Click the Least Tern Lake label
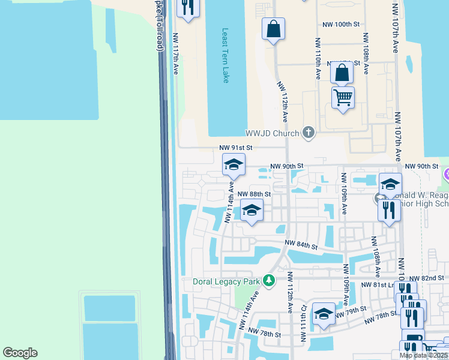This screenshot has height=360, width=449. [x=225, y=56]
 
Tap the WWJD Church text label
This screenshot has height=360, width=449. [x=272, y=133]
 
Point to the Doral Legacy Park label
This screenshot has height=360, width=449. [x=228, y=281]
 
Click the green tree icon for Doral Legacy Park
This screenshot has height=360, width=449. [x=270, y=280]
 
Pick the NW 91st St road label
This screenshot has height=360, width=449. [x=236, y=147]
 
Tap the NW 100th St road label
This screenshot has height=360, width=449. [x=340, y=25]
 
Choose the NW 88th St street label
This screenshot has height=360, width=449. [x=254, y=194]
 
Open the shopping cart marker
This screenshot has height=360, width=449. [x=343, y=97]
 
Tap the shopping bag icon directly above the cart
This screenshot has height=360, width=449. [x=342, y=73]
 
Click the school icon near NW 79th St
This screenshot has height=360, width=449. [x=324, y=314]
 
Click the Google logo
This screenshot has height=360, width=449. [x=20, y=353]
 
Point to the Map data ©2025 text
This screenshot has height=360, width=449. [x=423, y=355]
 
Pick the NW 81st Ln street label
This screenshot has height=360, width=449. [x=380, y=285]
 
